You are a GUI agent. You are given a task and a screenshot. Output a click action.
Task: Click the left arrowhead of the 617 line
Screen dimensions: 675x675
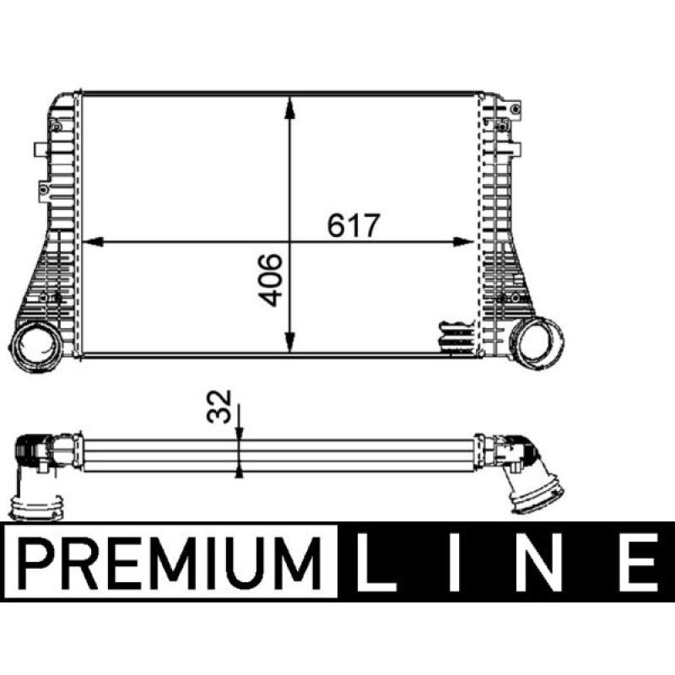(91, 243)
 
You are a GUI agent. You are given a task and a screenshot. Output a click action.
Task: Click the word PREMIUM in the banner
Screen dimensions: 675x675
(169, 561)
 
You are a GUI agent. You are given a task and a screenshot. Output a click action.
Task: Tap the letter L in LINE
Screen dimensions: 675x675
(378, 562)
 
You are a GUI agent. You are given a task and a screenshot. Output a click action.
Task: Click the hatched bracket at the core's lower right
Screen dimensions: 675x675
(456, 336)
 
